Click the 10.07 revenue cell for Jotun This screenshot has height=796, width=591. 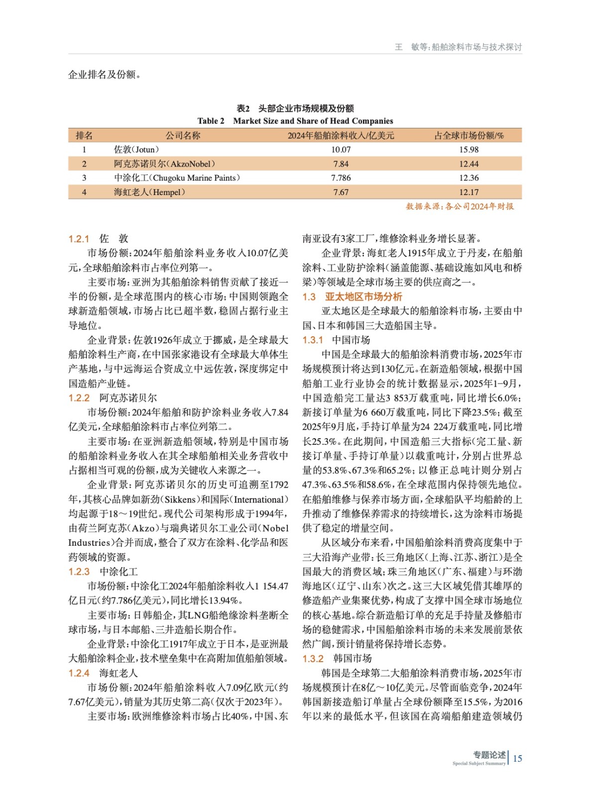pos(341,149)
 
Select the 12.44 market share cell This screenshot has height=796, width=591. pos(469,164)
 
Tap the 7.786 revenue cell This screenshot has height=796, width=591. pos(341,178)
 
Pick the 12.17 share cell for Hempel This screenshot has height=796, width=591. pos(469,192)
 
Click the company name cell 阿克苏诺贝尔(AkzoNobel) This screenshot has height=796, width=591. pos(164,164)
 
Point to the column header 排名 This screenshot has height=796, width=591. pos(84,135)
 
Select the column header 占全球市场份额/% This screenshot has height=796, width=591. pos(469,135)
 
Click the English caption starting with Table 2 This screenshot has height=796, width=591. pos(295,121)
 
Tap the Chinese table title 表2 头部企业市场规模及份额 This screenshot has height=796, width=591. pos(295,108)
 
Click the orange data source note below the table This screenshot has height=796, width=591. pos(460,206)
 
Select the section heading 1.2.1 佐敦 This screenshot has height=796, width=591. pos(98,239)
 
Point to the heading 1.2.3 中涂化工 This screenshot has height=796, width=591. pos(103,572)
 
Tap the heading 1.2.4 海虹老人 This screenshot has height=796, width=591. pos(103,673)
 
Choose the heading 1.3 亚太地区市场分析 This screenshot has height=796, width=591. pos(352,297)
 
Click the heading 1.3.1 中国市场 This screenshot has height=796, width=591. pos(336,340)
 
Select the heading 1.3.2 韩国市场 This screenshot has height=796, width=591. pos(337,659)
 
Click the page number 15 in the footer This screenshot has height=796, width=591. pos(517,758)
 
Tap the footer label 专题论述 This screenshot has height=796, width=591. pos(489,755)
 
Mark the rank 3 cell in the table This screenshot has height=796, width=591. pos(84,178)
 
